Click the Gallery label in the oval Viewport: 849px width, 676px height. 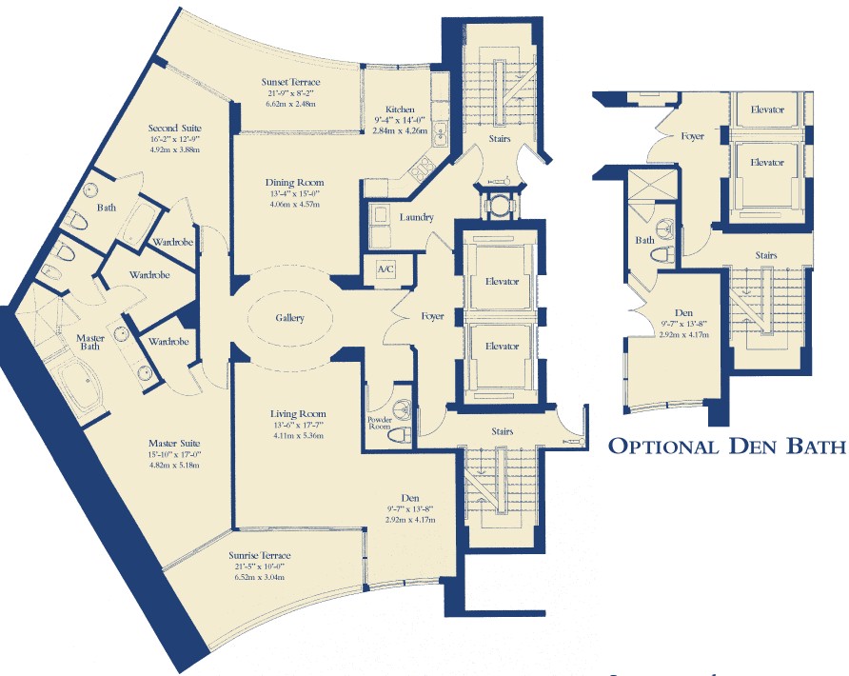289,318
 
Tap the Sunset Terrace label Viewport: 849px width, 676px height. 290,82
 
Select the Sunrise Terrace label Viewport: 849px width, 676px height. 259,555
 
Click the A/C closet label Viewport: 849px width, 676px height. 385,269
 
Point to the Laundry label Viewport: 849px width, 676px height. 416,217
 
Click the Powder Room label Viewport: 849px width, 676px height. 380,423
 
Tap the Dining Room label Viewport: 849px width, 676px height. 294,183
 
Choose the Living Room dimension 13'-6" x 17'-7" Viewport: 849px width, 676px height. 298,426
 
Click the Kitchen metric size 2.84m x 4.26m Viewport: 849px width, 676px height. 400,130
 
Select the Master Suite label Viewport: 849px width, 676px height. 174,443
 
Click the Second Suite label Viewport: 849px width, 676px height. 175,129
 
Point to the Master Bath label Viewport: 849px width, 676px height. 89,342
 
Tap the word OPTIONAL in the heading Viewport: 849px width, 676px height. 663,447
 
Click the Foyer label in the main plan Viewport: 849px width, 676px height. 433,316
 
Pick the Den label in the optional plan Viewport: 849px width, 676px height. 683,312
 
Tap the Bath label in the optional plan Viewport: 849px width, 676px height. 645,240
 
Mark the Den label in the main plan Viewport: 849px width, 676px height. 410,498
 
